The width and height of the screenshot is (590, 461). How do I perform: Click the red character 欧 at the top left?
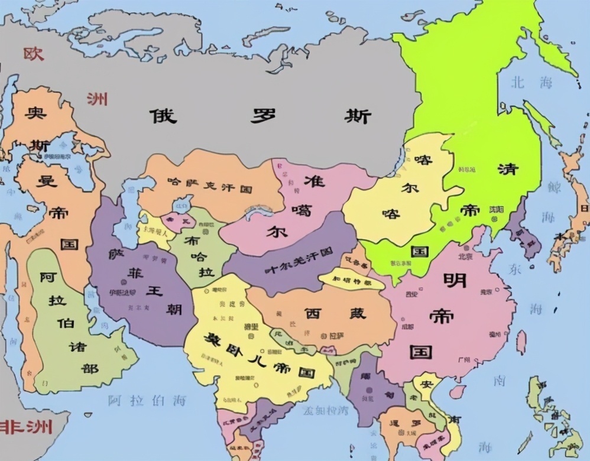[34, 54]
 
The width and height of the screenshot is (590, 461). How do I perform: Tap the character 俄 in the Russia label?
[163, 115]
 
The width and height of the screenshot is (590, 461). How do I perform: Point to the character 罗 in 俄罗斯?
[262, 115]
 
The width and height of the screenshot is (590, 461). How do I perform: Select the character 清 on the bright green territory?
[507, 168]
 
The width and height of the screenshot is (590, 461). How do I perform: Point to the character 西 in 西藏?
[312, 313]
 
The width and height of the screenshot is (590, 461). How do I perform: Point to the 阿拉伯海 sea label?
[147, 400]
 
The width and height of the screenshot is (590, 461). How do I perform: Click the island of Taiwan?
[521, 342]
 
